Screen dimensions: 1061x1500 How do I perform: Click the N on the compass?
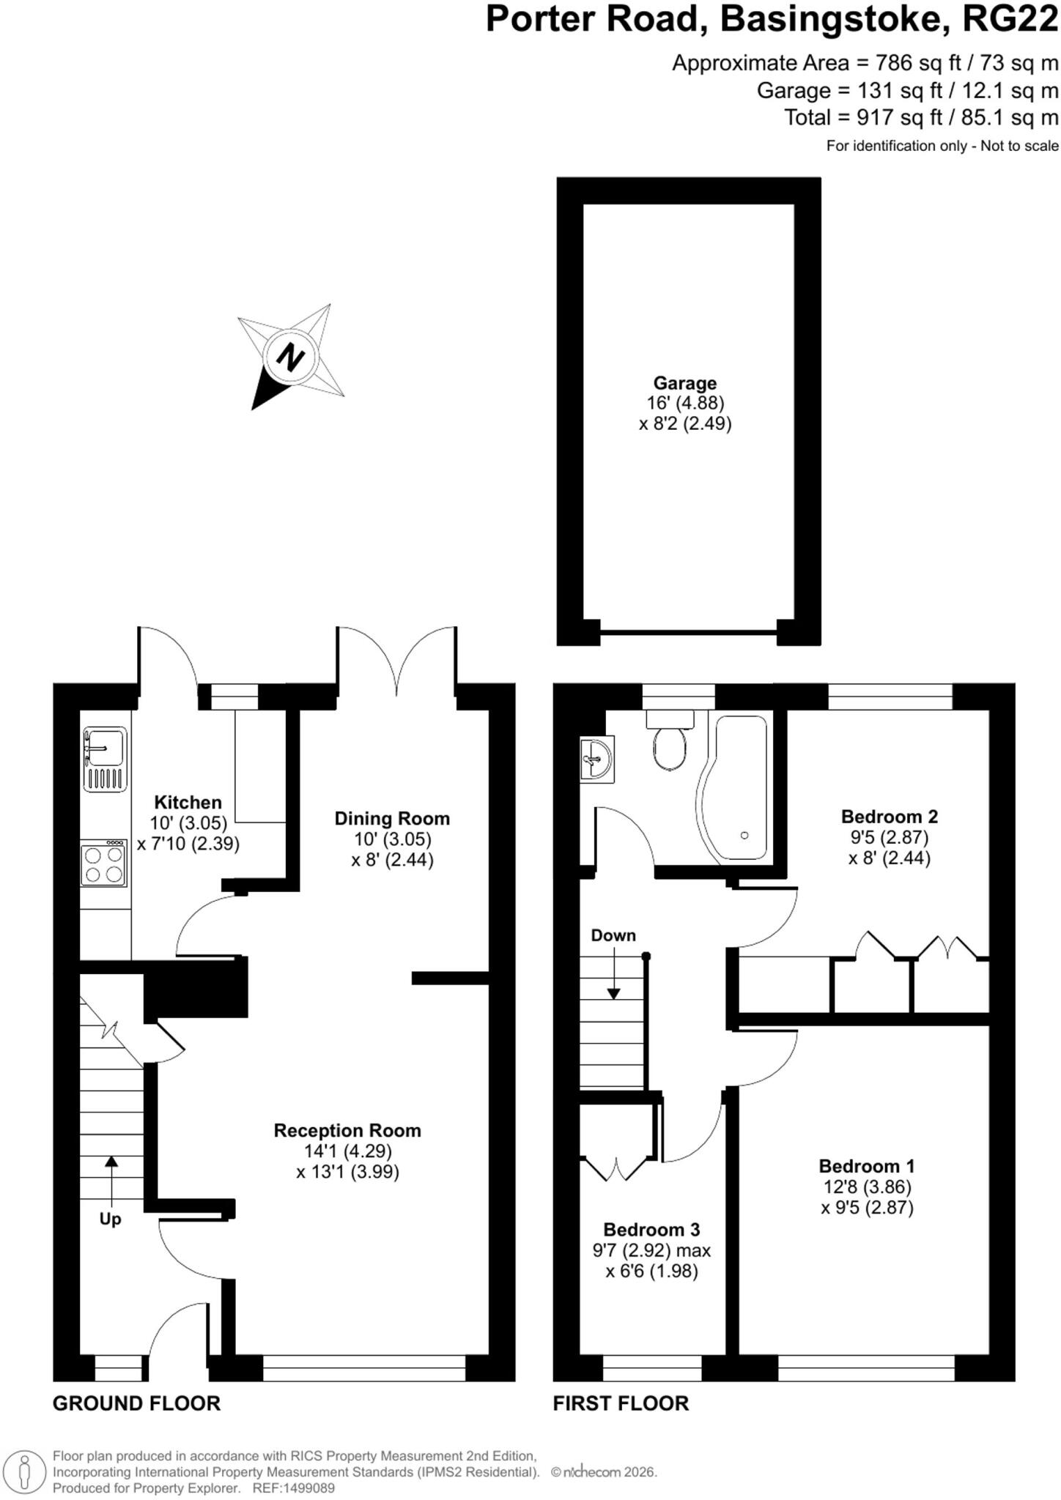[290, 357]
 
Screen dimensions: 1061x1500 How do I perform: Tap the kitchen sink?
[105, 759]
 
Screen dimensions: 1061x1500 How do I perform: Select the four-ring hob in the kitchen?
[104, 863]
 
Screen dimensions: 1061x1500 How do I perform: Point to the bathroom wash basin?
[596, 759]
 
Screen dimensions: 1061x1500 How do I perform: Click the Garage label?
[685, 383]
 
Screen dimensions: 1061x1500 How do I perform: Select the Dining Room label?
[392, 818]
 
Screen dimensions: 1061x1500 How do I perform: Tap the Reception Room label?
[347, 1130]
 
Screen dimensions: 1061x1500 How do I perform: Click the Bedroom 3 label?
[651, 1229]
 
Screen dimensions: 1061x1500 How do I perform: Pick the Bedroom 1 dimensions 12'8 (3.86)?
[867, 1187]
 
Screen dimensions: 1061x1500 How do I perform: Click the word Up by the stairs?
[110, 1219]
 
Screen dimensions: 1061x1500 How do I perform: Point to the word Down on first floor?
[613, 935]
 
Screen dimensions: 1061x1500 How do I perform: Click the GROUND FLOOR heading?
[136, 1403]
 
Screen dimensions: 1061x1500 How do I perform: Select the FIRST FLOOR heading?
[621, 1403]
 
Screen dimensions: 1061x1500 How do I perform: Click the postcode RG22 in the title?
[1010, 19]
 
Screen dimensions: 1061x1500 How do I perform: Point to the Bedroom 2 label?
[890, 816]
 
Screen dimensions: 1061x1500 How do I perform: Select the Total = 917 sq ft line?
[922, 117]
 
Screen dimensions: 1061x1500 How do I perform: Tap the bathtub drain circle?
[745, 835]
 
